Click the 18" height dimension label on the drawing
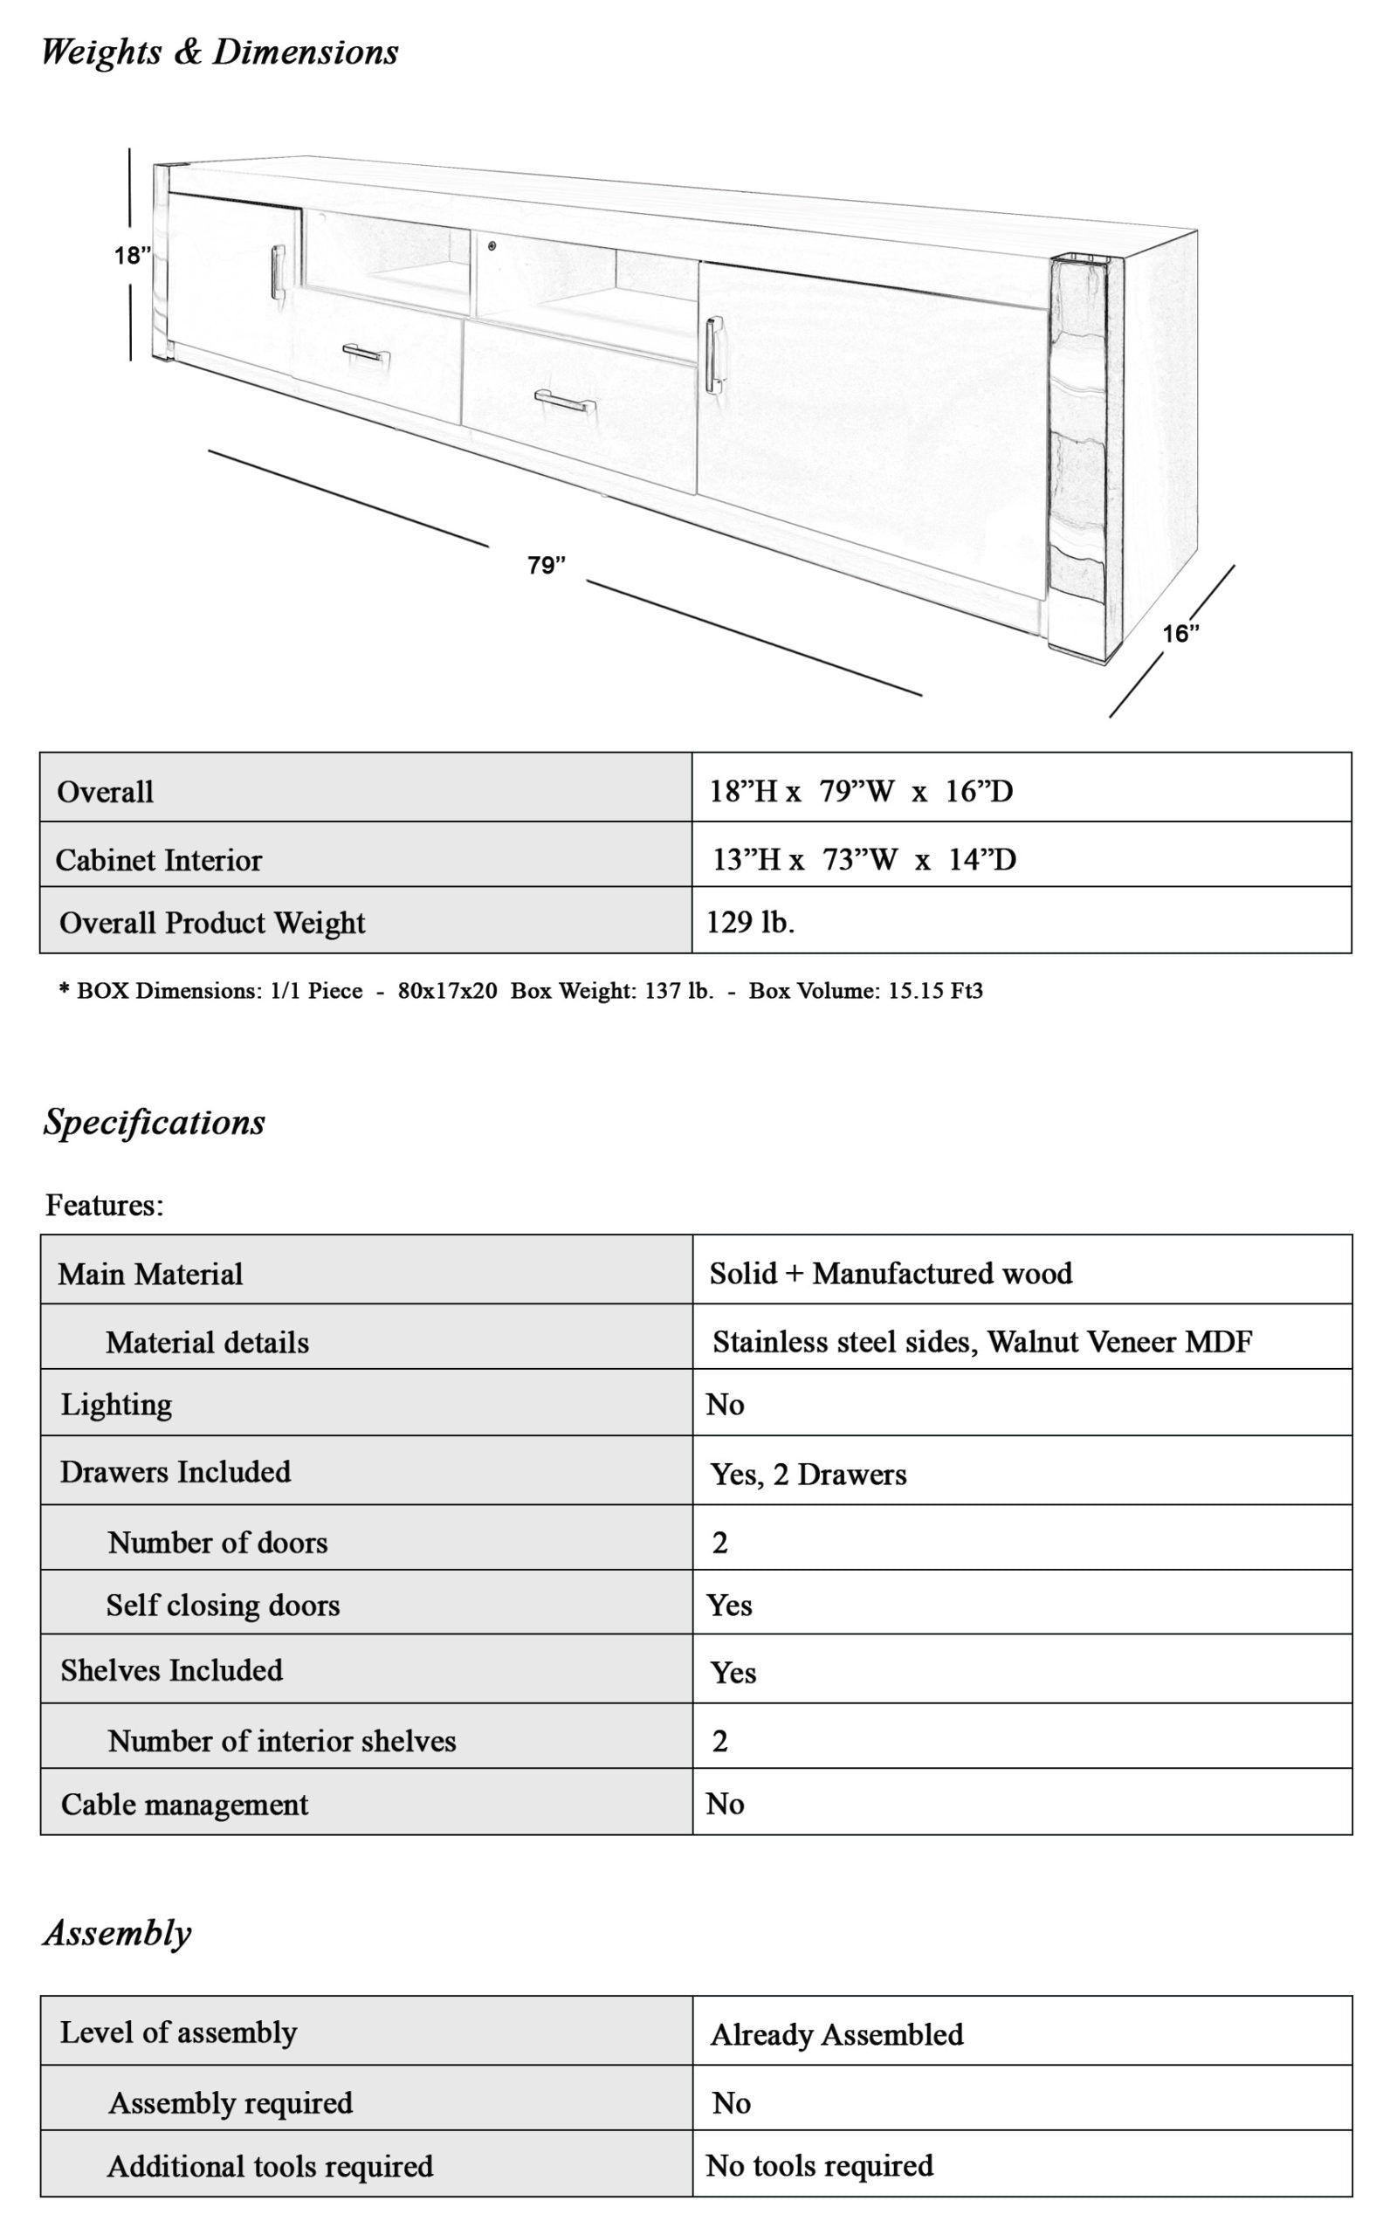pos(133,256)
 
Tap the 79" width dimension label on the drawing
pos(546,565)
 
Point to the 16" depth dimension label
pos(1180,633)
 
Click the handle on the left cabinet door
pos(278,272)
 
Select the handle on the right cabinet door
pos(714,355)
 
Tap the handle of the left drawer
pos(366,354)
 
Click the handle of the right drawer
pos(563,402)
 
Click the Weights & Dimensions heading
pos(220,52)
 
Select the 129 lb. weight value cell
pos(750,922)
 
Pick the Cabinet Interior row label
pos(159,860)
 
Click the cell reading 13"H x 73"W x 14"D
pos(864,859)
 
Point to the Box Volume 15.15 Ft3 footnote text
pos(865,991)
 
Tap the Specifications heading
pos(155,1122)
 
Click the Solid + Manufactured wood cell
pos(891,1273)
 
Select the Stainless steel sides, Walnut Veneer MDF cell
pos(982,1342)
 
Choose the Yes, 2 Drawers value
pos(809,1474)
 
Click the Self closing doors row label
pos(224,1605)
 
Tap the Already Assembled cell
pos(836,2035)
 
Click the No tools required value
pos(819,2165)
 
